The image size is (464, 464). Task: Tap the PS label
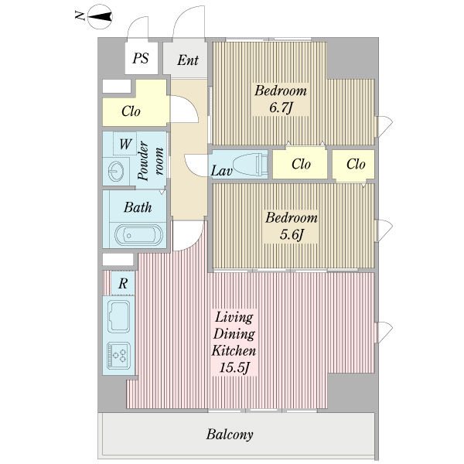point(141,58)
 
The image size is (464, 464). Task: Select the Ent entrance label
point(188,60)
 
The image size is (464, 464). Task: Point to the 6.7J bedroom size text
point(281,107)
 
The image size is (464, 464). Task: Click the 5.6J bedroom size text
point(292,235)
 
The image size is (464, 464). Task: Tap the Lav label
point(221,171)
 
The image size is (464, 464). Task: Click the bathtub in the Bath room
point(138,235)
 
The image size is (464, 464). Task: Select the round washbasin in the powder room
point(116,171)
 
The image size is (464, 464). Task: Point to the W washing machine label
point(125,144)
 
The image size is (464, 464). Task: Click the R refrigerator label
point(123,284)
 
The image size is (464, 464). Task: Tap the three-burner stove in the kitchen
point(118,355)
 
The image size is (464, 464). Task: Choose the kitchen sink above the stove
point(118,316)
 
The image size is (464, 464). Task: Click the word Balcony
point(230,435)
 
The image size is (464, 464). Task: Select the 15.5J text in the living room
point(234,368)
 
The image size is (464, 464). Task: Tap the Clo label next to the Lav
point(301,164)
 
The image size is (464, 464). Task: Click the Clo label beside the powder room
point(131,111)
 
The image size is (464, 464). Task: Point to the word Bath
point(138,207)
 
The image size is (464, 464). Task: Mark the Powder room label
point(151,161)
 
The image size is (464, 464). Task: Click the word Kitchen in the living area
point(234,351)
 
